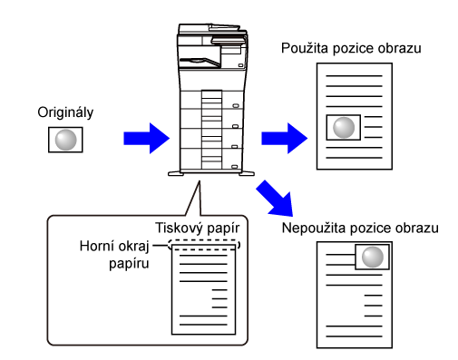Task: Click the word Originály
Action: (x=65, y=112)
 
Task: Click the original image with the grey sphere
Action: (x=65, y=140)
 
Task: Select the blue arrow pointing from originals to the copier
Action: (x=146, y=139)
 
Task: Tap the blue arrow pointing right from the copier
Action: (x=284, y=139)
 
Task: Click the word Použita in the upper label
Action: (x=305, y=48)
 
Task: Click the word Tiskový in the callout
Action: (x=178, y=228)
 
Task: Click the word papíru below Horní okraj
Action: (x=129, y=264)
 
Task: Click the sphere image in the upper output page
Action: (x=344, y=127)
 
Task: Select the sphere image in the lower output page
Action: (x=372, y=257)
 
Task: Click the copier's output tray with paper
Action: (x=200, y=62)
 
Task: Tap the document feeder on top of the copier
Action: (x=212, y=30)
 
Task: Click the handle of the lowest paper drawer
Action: (x=235, y=167)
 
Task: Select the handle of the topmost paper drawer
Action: (x=236, y=106)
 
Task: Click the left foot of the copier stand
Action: (x=176, y=173)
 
